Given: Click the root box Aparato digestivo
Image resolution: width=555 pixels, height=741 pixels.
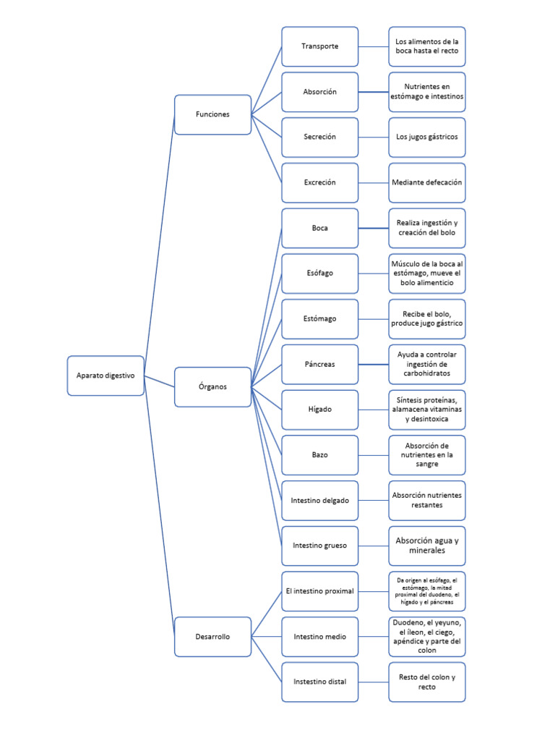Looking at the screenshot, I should tap(106, 376).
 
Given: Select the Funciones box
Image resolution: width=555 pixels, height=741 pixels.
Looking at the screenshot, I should tap(212, 114).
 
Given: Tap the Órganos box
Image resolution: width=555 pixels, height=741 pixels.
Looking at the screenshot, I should tap(212, 386).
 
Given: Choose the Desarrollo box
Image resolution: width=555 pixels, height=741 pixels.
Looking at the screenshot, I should tap(212, 637).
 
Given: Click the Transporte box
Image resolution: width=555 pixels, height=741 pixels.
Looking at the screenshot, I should tap(319, 46).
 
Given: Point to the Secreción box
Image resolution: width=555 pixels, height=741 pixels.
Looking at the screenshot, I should tap(319, 137).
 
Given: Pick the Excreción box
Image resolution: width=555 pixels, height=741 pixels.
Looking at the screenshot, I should tap(319, 182).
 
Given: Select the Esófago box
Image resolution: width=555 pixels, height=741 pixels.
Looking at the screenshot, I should tap(319, 273).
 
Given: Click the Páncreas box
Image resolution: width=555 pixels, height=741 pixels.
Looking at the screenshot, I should tap(319, 364).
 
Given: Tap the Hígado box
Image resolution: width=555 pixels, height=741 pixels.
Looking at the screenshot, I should tap(319, 410).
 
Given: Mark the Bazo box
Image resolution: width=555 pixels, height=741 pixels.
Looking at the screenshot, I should tap(319, 454).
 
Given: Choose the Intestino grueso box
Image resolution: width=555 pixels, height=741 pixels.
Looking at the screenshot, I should tap(319, 546).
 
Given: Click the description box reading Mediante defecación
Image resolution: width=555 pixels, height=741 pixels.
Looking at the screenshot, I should tap(426, 182).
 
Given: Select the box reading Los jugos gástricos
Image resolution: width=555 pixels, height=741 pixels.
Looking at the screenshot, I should tap(426, 137).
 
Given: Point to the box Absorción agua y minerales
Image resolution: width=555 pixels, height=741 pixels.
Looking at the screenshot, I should tap(426, 546).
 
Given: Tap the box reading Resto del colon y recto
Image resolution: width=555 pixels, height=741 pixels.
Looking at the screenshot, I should tap(426, 682).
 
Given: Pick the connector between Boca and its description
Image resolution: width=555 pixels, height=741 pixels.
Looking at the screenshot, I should tap(373, 228).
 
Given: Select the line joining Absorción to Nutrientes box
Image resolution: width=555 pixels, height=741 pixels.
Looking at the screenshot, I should tap(373, 92).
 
